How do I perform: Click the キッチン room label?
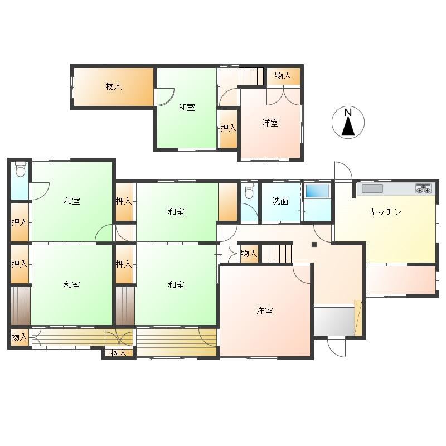pos(385,212)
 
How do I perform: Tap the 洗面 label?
pos(280,201)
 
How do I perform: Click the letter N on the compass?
pos(348,113)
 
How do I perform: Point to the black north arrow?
pos(348,127)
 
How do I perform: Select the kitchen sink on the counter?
pos(372,188)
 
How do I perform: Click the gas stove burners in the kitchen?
pos(424,188)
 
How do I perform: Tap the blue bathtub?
pos(317,191)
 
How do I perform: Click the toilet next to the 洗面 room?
pos(249,190)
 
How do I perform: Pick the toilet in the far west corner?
pos(20,169)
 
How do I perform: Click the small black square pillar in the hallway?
pos(314,244)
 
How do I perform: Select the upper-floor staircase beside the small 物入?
pos(251,76)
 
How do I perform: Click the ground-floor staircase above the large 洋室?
pos(277,254)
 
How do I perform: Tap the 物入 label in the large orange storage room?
pos(114,86)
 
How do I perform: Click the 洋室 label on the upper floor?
pos(270,123)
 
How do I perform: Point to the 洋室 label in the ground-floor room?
pos(265,311)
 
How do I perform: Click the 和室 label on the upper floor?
pos(187,107)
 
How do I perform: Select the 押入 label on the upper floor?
pos(229,128)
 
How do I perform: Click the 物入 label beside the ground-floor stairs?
pos(249,253)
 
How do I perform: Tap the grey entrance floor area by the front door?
pos(334,320)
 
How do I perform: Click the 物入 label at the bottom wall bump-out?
pos(118,353)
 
